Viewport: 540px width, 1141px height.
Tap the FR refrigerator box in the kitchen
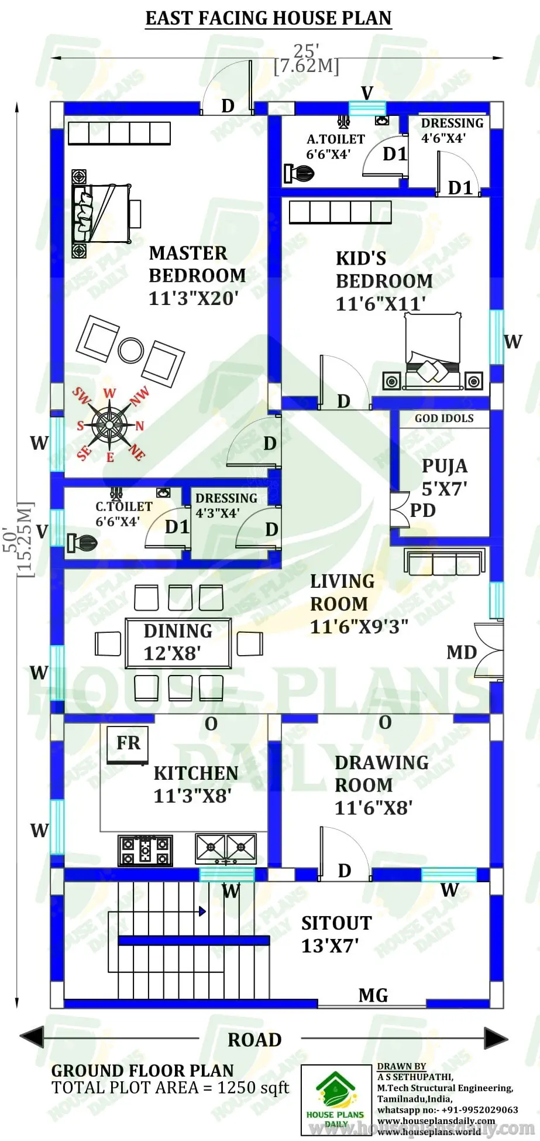[x=128, y=743]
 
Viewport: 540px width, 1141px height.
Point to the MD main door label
[x=462, y=652]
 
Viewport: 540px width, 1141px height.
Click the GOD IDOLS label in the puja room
[x=444, y=419]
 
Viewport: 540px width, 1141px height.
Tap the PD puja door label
[x=422, y=510]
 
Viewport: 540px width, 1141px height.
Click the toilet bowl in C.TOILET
[x=82, y=543]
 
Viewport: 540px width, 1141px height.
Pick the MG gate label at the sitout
[x=373, y=995]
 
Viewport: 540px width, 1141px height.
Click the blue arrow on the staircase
[x=202, y=912]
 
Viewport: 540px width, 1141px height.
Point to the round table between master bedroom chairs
[x=130, y=351]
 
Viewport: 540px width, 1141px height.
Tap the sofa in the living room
[x=445, y=562]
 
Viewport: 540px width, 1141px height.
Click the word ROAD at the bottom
[x=254, y=1040]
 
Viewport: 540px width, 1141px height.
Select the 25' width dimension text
[x=307, y=51]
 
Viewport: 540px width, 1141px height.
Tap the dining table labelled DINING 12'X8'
[x=178, y=643]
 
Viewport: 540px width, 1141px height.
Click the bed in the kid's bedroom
[x=433, y=351]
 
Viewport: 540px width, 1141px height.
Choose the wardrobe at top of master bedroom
[x=119, y=133]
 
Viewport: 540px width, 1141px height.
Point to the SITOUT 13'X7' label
[x=336, y=934]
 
